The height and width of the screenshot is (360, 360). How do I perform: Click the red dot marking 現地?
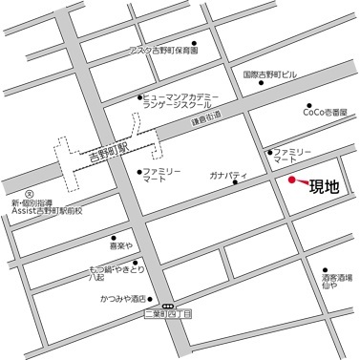292,179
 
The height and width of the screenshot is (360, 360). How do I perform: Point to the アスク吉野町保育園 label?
163,50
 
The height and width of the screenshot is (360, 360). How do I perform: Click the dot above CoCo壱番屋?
308,105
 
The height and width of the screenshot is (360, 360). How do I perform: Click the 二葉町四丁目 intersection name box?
168,313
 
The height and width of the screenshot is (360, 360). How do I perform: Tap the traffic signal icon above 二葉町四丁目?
167,305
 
